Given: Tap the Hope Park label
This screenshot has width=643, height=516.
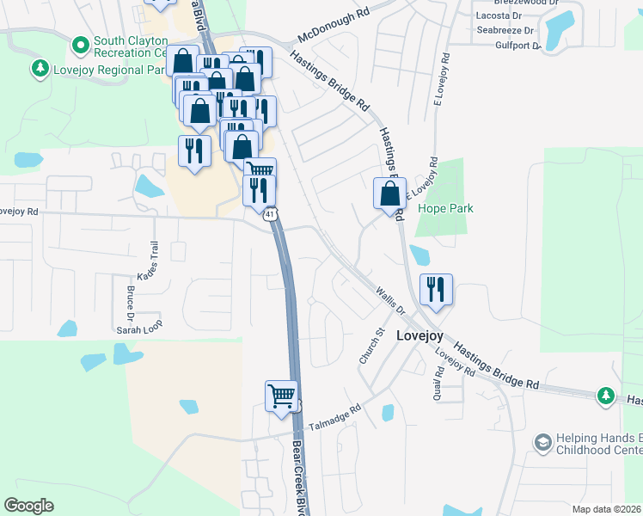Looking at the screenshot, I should click(x=445, y=208).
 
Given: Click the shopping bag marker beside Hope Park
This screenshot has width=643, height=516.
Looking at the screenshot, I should click(x=389, y=194).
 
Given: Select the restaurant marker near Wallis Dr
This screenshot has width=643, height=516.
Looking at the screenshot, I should click(x=435, y=290).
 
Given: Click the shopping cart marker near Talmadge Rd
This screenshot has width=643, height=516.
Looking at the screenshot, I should click(x=281, y=397).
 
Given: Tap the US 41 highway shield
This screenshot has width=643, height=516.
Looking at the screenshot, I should click(x=271, y=214).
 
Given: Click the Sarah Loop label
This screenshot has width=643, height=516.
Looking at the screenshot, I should click(x=139, y=329).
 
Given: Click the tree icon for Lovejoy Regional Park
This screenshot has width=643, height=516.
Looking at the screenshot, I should click(x=39, y=67).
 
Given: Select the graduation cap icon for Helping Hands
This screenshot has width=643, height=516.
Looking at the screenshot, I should click(x=542, y=442).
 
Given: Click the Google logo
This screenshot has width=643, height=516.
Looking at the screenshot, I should click(x=28, y=506).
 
